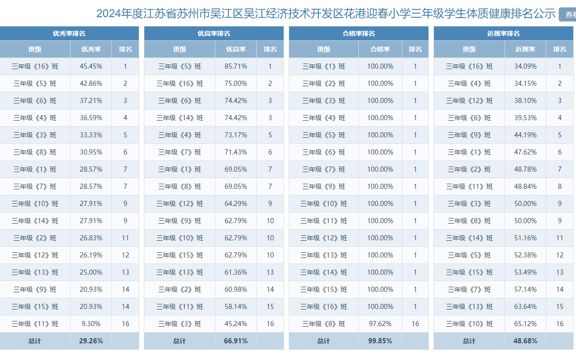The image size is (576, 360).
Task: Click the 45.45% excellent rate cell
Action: [x=91, y=66]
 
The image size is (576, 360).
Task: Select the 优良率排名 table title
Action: [x=214, y=33]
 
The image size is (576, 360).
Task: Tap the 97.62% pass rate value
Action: [x=380, y=324]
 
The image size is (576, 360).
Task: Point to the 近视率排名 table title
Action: [x=503, y=33]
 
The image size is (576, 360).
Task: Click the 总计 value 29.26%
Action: [x=91, y=341]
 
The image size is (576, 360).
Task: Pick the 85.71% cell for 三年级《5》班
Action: [x=236, y=66]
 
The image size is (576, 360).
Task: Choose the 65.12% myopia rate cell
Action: [x=525, y=324]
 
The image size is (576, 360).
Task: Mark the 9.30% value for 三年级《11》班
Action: [x=91, y=324]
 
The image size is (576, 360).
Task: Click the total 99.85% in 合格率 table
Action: [x=380, y=341]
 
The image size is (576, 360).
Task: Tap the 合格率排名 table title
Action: [x=358, y=33]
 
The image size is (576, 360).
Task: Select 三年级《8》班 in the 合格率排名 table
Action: [x=324, y=324]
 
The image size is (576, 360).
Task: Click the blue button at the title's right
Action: [x=568, y=14]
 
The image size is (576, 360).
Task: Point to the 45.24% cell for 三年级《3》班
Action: [x=236, y=324]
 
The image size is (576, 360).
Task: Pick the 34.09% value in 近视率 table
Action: [x=525, y=66]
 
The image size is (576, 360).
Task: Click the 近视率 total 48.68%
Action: [x=525, y=341]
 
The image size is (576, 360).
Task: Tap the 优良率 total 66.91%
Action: [x=236, y=341]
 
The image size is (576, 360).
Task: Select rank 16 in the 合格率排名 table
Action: [x=415, y=324]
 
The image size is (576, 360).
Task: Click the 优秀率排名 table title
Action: [x=69, y=33]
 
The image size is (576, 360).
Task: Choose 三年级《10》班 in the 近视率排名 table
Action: [x=469, y=324]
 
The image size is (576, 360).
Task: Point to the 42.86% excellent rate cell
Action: [x=91, y=84]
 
